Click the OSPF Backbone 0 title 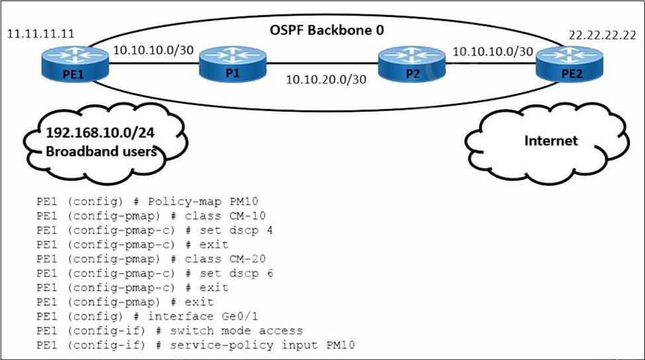point(326,30)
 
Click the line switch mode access point(244,330)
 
